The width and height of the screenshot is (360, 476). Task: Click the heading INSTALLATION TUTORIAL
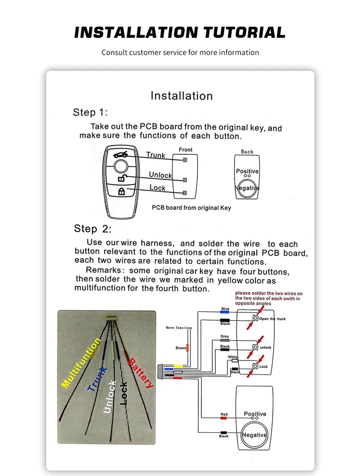coord(180,33)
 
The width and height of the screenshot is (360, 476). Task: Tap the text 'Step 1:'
coord(90,112)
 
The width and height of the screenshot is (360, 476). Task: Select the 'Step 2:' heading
coord(93,229)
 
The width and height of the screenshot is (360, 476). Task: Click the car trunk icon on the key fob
coord(120,154)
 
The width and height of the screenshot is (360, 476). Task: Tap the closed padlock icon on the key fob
coord(121,191)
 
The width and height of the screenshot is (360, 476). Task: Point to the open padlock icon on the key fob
coord(121,178)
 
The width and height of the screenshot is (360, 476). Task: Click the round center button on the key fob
coord(120,166)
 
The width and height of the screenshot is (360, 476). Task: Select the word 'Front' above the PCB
coord(185,150)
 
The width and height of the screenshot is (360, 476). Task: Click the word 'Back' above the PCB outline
coord(247,152)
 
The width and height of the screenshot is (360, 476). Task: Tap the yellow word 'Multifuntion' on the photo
coord(81,362)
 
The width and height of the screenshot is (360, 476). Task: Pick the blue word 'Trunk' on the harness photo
coord(97,379)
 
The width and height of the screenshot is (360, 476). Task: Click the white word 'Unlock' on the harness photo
coord(110,397)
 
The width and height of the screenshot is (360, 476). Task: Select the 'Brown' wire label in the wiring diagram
coord(180,348)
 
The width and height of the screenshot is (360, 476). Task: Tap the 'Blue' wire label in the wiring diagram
coord(225,309)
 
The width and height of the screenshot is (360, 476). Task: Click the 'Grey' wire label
coord(225,337)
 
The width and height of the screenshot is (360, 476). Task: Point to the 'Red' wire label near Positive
coord(224,414)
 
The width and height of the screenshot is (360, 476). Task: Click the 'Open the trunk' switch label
coord(272,319)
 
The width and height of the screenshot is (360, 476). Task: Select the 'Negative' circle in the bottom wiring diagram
coord(254,435)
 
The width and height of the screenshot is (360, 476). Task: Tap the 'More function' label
coord(179,328)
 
